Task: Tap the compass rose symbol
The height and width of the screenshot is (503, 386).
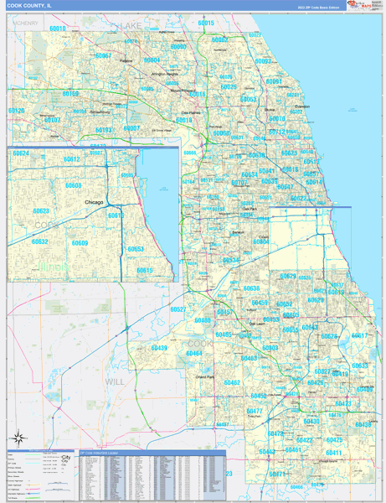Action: [x=19, y=437]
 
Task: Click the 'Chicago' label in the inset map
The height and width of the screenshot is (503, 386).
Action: [x=94, y=202]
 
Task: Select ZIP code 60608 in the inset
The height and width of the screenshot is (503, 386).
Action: [x=74, y=185]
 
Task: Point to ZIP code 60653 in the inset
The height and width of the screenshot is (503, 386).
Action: [x=135, y=248]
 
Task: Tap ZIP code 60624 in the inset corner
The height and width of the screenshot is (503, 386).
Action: [x=20, y=153]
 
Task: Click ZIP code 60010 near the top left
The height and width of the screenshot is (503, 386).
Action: [x=57, y=29]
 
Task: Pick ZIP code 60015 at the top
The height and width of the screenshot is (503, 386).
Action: [x=206, y=23]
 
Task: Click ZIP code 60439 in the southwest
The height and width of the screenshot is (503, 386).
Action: [x=158, y=348]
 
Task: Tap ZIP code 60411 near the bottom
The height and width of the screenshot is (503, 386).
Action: [x=333, y=453]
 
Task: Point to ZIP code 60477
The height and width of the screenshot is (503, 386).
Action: [x=255, y=411]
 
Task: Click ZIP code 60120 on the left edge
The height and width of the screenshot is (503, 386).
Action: [x=16, y=111]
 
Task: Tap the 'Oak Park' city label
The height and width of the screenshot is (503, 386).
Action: [x=249, y=208]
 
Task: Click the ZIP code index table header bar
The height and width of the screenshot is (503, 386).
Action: [x=152, y=453]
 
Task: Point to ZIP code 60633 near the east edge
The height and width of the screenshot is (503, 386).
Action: [x=359, y=366]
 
